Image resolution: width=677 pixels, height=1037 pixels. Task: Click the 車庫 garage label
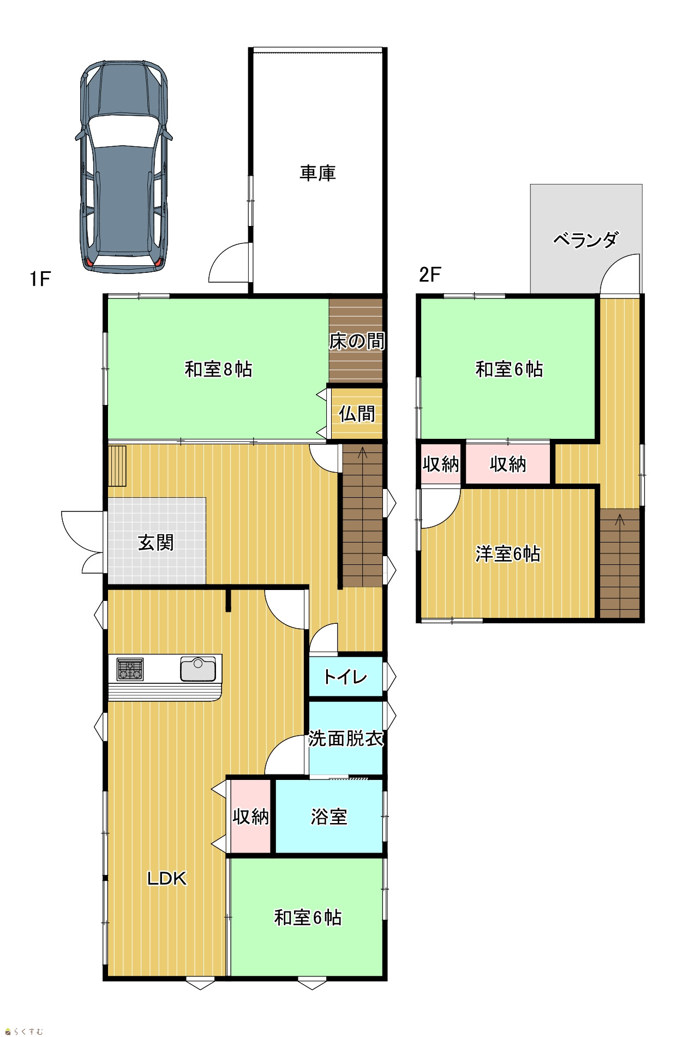[x=317, y=173]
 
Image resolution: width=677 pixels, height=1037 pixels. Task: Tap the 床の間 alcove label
[x=357, y=341]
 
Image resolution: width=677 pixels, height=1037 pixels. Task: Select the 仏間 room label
[x=357, y=414]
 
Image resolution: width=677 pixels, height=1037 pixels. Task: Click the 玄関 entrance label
[x=156, y=543]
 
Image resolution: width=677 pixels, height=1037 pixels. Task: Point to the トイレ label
[x=345, y=677]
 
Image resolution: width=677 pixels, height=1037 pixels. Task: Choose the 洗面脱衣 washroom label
[x=346, y=738]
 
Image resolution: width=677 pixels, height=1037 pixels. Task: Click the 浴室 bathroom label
[x=329, y=817]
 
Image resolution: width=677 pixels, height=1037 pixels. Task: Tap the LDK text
[x=167, y=878]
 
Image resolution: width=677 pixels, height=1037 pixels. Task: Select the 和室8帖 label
[x=218, y=369]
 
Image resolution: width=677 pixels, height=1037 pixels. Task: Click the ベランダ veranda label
[x=586, y=239]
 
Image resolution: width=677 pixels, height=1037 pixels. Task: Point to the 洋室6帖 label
[x=508, y=553]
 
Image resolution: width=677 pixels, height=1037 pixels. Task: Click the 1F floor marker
[x=40, y=279]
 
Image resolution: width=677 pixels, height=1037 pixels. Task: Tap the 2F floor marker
[x=430, y=275]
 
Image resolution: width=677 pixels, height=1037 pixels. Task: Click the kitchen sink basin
[x=198, y=670]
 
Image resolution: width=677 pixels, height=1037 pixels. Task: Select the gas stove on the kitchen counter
[x=130, y=670]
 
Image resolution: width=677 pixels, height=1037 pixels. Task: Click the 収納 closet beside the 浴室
[x=251, y=817]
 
